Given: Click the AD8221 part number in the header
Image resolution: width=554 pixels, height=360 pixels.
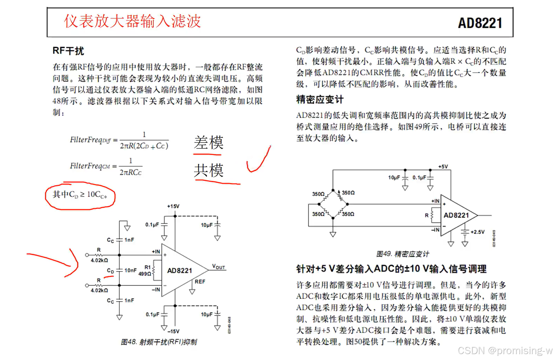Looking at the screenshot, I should click(x=480, y=23).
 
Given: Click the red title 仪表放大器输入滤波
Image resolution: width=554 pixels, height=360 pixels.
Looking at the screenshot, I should click(x=133, y=21).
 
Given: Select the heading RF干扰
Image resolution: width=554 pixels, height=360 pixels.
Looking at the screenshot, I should click(x=68, y=51).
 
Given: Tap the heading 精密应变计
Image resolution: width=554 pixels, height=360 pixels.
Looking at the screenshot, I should click(x=320, y=100).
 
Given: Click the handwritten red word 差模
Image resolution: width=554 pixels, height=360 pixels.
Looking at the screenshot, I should click(x=209, y=143).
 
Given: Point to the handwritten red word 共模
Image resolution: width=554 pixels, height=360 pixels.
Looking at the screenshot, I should click(x=209, y=170).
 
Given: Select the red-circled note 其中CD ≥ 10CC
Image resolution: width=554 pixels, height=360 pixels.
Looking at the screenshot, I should click(x=80, y=195).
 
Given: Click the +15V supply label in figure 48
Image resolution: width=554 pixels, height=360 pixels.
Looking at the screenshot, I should click(x=173, y=206).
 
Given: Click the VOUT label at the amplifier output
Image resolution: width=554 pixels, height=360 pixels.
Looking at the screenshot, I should click(x=218, y=267).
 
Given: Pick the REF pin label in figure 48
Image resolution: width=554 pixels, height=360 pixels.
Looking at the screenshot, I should click(x=200, y=281).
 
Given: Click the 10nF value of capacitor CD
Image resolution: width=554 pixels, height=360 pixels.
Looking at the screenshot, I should click(x=130, y=270).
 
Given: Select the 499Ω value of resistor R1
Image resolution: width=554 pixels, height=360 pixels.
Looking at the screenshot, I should click(x=145, y=274).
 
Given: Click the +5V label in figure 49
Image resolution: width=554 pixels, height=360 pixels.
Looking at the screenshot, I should click(x=443, y=167).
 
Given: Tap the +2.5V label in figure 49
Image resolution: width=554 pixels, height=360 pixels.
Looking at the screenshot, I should click(x=477, y=232).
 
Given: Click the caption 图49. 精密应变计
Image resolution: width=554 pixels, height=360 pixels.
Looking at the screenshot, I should click(x=402, y=254).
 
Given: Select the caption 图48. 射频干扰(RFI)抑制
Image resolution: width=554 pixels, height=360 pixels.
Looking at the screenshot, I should click(x=159, y=342).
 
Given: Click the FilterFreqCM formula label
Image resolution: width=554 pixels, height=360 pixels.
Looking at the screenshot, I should click(x=90, y=166).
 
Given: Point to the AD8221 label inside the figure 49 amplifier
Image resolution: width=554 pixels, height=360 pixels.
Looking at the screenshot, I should click(x=456, y=215).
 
